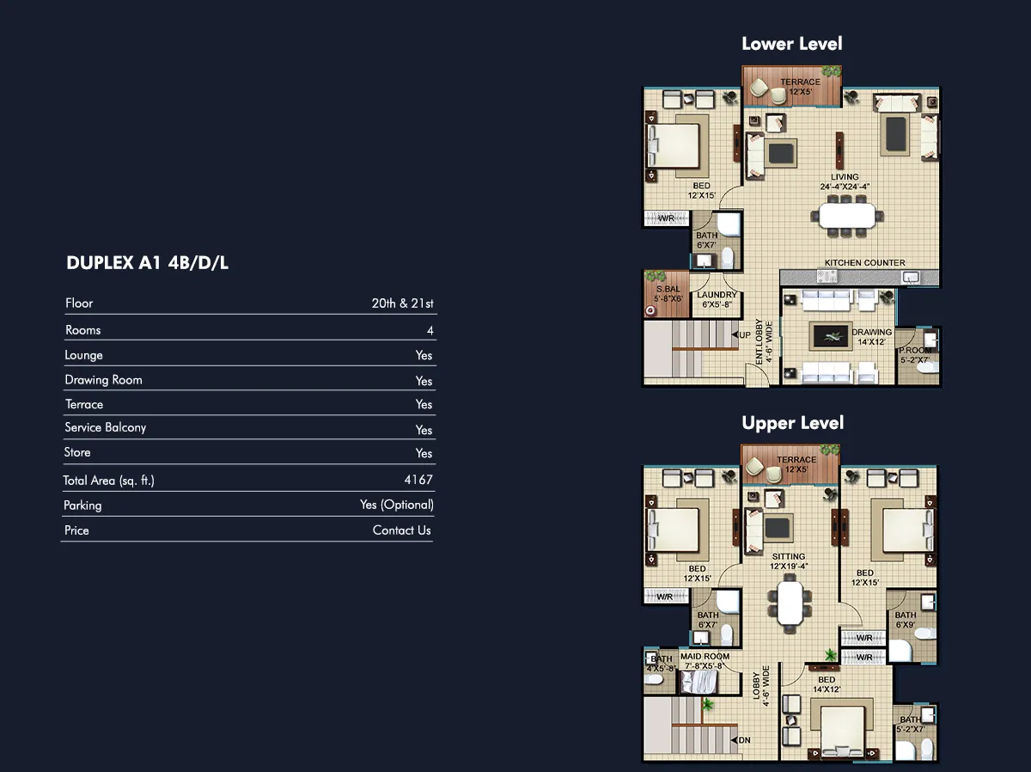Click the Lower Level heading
tap(792, 44)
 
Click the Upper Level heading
tap(793, 423)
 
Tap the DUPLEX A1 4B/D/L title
tap(148, 263)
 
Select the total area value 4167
tap(418, 480)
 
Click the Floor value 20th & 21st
tap(403, 303)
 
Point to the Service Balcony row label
tap(105, 427)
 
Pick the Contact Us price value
tap(401, 530)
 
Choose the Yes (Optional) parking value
tap(397, 505)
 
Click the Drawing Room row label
tap(103, 380)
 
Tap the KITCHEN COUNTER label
tap(864, 263)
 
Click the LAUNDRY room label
tap(717, 295)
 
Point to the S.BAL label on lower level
tap(668, 289)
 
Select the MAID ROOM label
tap(705, 657)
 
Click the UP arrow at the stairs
tap(735, 335)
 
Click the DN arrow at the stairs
tap(734, 740)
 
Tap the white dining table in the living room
tap(846, 216)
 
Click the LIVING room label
tap(845, 177)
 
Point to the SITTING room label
tap(788, 556)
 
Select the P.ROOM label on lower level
tap(915, 351)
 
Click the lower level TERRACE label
tap(801, 82)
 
